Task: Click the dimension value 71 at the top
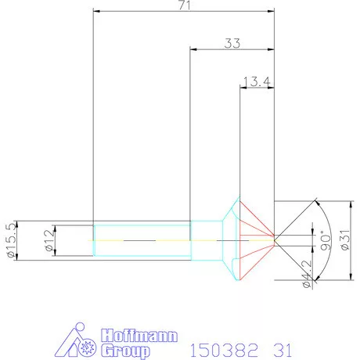[184, 5]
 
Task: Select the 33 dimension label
[232, 44]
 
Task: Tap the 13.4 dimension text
[257, 81]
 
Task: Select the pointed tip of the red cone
[274, 237]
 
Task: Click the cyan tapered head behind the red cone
[229, 237]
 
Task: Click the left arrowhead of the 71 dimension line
[95, 12]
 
